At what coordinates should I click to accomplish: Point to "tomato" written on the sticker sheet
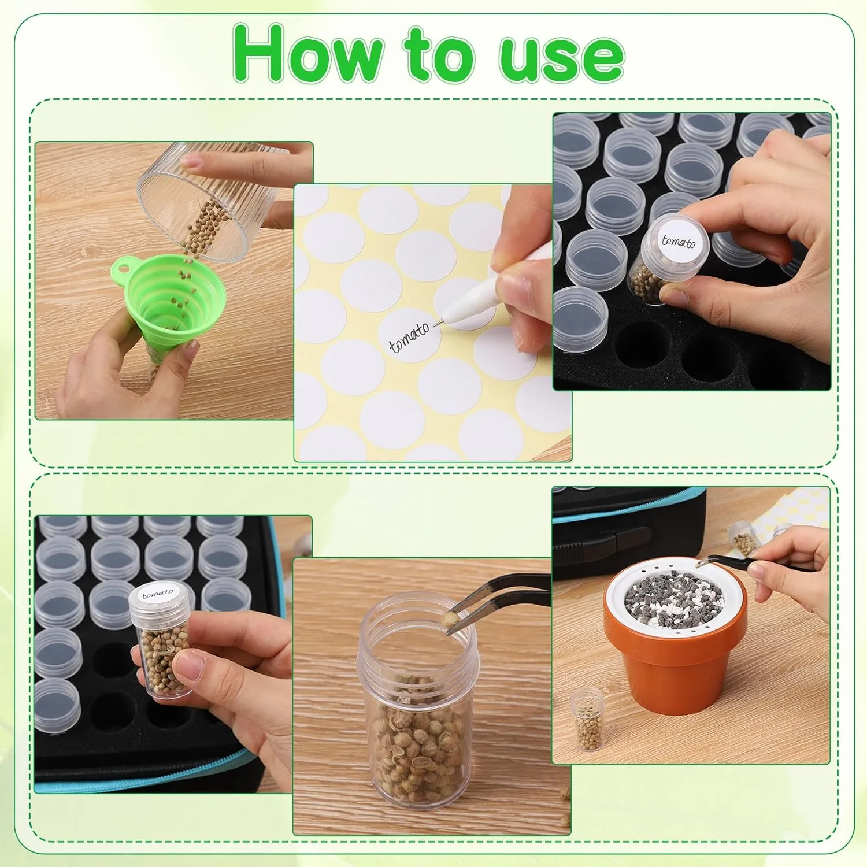click(409, 337)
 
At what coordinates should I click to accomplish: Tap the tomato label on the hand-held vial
click(157, 594)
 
